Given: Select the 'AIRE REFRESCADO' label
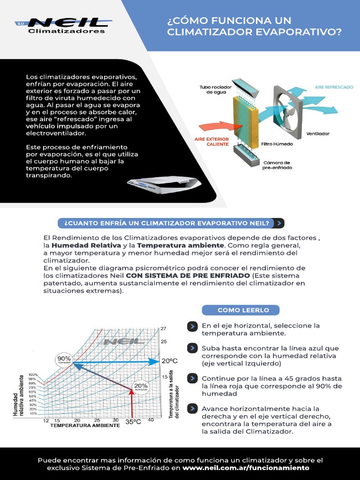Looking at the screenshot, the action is (x=334, y=87).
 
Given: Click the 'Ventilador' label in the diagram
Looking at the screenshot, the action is (x=318, y=134).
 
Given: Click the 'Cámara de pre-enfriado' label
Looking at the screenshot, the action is (x=277, y=165).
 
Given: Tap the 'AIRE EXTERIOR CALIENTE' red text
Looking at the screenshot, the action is (x=211, y=142).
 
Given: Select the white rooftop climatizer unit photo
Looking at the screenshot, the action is (x=164, y=185).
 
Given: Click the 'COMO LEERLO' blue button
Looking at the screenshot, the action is (x=240, y=310).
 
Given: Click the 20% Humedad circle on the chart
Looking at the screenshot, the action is (x=141, y=387).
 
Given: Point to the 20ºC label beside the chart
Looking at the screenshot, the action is (x=170, y=361).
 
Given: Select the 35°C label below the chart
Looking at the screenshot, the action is (x=133, y=421).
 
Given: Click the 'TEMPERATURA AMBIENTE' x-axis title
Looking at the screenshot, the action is (x=85, y=426).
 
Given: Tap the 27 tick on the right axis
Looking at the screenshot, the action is (x=164, y=329).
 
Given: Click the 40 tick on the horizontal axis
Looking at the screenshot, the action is (x=150, y=420).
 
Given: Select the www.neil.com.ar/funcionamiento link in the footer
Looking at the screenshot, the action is (x=246, y=468).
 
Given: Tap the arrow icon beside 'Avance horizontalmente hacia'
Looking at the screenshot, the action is (x=192, y=409).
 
